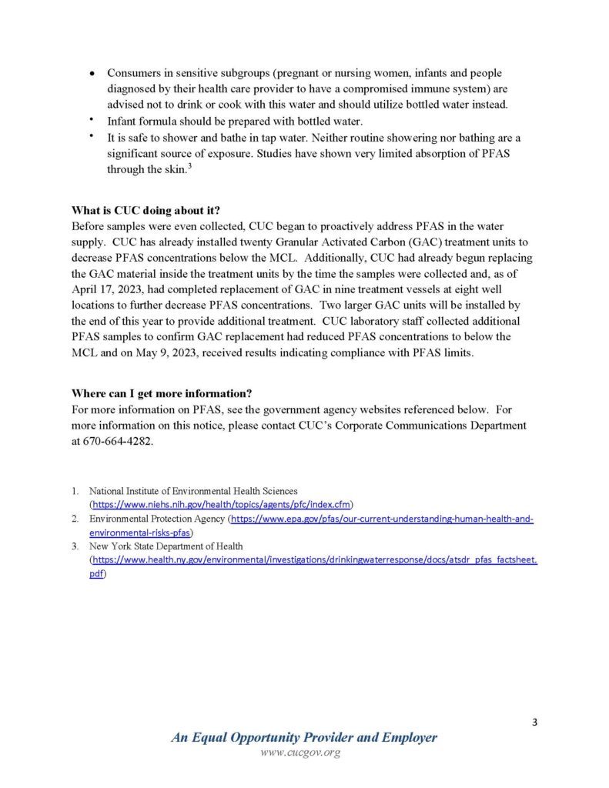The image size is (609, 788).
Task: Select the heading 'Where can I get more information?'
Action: [x=162, y=393]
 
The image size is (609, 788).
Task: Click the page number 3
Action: [x=534, y=722]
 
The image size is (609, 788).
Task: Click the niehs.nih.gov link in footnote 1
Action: [x=222, y=505]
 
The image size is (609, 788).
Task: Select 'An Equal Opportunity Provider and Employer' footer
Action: [x=304, y=737]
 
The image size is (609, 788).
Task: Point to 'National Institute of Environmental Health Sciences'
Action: [x=193, y=491]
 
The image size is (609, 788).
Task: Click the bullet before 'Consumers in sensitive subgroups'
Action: [x=92, y=75]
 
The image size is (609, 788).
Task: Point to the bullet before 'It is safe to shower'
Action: [x=92, y=136]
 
